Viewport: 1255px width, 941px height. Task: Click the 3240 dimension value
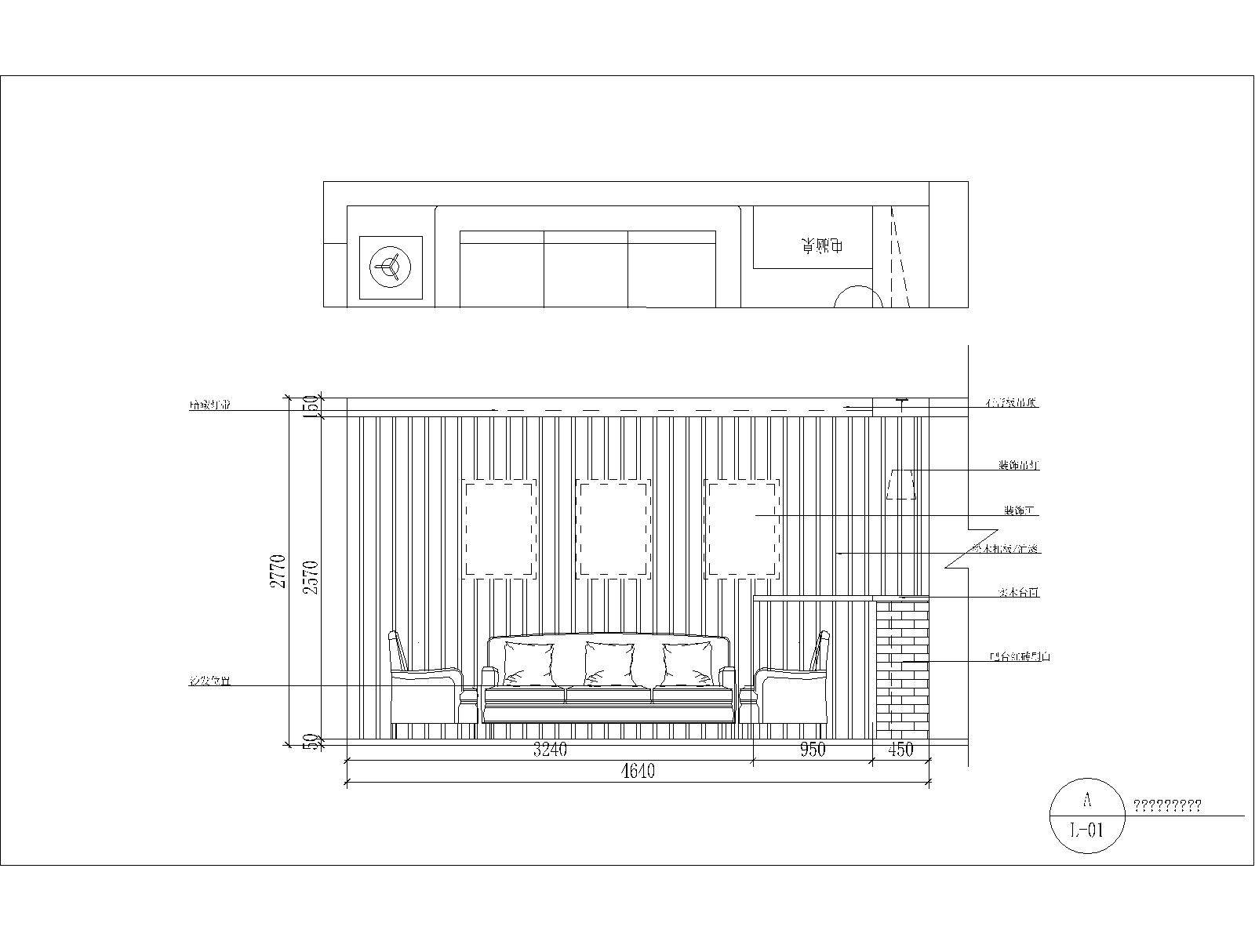coord(550,750)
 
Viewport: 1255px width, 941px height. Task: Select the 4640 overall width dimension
coord(637,772)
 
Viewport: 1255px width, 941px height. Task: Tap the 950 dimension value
coord(813,750)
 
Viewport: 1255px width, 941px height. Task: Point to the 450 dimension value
coord(901,750)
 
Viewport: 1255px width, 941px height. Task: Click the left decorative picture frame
coord(499,529)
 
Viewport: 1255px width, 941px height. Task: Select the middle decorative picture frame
coord(614,529)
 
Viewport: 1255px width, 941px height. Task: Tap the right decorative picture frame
coord(741,529)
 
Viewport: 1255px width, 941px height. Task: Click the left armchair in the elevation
coord(424,690)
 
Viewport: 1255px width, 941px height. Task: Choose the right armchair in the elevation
coord(794,690)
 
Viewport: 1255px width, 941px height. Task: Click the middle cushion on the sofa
coord(609,663)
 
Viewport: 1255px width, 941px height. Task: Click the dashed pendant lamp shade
coord(901,485)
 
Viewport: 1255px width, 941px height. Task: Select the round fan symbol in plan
coord(391,267)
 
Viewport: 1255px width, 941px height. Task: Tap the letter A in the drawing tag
coord(1086,801)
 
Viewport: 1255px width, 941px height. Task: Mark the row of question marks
coord(1167,806)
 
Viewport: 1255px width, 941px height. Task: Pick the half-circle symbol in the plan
coord(858,298)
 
